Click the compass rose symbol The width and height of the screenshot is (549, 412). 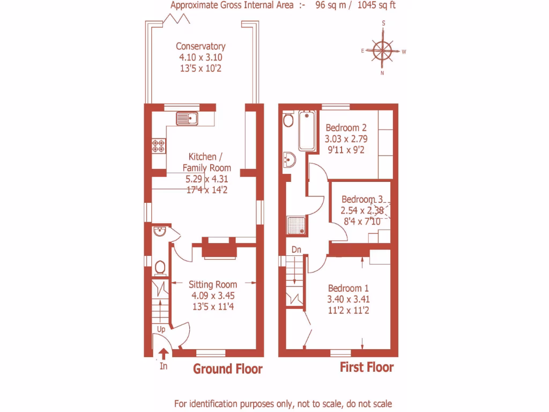click(x=383, y=51)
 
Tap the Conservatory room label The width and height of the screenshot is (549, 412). click(x=201, y=47)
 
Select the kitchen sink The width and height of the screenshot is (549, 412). click(x=186, y=117)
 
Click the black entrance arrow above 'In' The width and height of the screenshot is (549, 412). click(x=164, y=354)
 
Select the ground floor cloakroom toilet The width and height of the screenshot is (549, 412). click(x=159, y=267)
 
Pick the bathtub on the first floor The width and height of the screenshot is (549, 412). click(x=308, y=130)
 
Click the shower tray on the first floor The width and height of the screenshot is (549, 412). click(x=296, y=226)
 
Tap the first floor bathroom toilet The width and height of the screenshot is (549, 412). click(x=288, y=120)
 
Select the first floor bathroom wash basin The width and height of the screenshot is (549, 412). click(x=288, y=159)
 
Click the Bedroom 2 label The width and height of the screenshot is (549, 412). click(x=346, y=128)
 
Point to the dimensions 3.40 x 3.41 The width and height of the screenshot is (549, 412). click(x=348, y=299)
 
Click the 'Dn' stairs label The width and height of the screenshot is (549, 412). click(x=296, y=249)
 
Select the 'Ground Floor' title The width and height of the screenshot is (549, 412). click(x=228, y=369)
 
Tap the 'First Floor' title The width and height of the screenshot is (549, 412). click(x=367, y=367)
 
